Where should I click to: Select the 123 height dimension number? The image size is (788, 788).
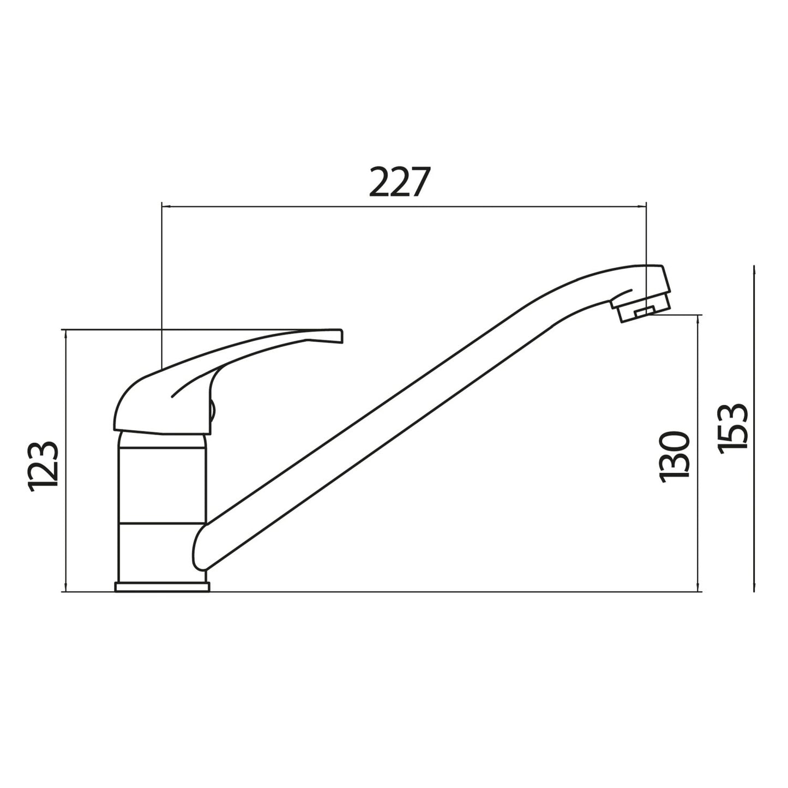tap(43, 466)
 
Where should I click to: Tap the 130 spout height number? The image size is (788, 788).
tap(675, 456)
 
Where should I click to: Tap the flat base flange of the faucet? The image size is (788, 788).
tap(162, 587)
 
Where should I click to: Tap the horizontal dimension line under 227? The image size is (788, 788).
tap(404, 207)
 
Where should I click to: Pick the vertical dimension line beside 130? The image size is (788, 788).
tap(698, 453)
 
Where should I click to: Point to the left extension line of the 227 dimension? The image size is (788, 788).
tap(162, 284)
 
